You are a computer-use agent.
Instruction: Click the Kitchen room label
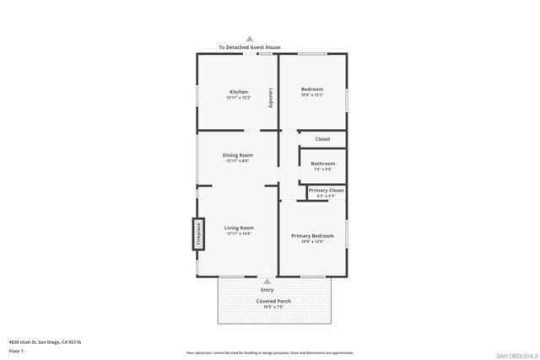pyautogui.click(x=238, y=91)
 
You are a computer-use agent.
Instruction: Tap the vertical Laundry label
pyautogui.click(x=271, y=98)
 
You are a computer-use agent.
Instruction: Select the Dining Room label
pyautogui.click(x=238, y=155)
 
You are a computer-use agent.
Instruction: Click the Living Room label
pyautogui.click(x=239, y=228)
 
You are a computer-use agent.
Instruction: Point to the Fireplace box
pyautogui.click(x=199, y=234)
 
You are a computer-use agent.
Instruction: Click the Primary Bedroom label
pyautogui.click(x=312, y=235)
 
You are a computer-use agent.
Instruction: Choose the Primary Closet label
pyautogui.click(x=326, y=191)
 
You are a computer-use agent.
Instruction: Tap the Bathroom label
pyautogui.click(x=322, y=164)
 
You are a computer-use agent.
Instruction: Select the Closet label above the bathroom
pyautogui.click(x=322, y=139)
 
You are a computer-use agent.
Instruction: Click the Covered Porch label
pyautogui.click(x=273, y=301)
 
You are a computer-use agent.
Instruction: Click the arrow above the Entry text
pyautogui.click(x=267, y=282)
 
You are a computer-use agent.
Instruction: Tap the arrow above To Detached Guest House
pyautogui.click(x=250, y=39)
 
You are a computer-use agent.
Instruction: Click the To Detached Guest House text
pyautogui.click(x=250, y=47)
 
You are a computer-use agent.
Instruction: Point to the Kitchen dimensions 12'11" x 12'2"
pyautogui.click(x=238, y=97)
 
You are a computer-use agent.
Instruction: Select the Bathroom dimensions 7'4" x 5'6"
pyautogui.click(x=322, y=169)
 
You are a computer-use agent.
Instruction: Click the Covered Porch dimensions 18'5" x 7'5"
pyautogui.click(x=273, y=307)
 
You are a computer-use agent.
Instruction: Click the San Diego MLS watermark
pyautogui.click(x=514, y=354)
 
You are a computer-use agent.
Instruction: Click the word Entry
pyautogui.click(x=267, y=290)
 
